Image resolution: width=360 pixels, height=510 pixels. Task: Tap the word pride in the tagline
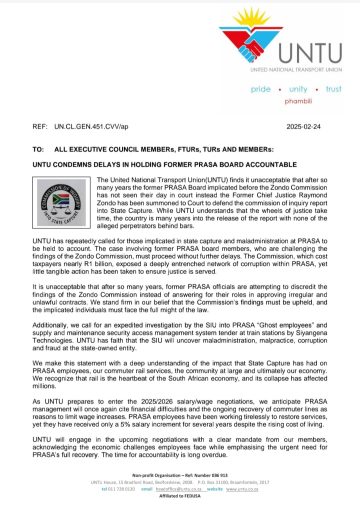pyautogui.click(x=261, y=89)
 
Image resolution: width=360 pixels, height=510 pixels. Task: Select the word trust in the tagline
pyautogui.click(x=332, y=89)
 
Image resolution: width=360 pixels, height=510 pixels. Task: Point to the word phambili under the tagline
pyautogui.click(x=296, y=101)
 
